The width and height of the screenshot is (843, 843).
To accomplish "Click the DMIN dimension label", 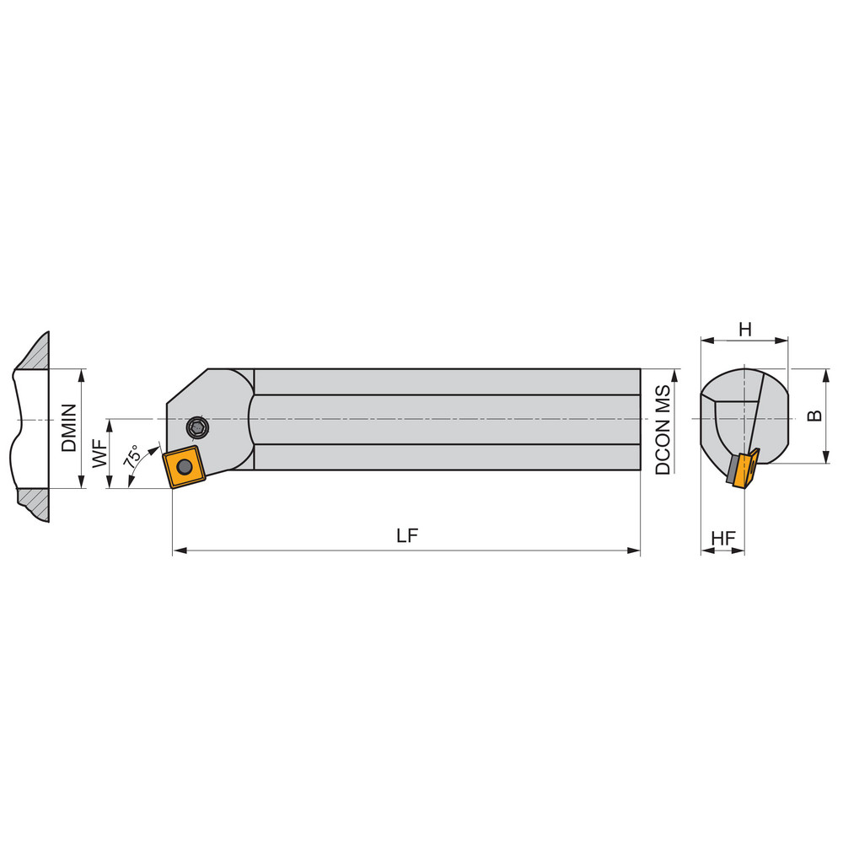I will click(x=69, y=427).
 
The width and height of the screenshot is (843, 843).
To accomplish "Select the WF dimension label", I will click(x=99, y=455).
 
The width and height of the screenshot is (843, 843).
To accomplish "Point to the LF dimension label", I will click(x=407, y=536).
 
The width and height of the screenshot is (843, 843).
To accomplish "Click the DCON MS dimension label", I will click(x=663, y=430).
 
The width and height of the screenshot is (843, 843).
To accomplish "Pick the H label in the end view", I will click(x=744, y=330).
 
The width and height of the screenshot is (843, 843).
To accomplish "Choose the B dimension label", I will click(x=813, y=416).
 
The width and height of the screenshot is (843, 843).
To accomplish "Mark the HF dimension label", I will click(x=722, y=538).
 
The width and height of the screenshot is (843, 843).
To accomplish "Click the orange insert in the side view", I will click(x=184, y=466).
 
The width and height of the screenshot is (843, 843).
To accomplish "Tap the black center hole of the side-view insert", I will click(x=184, y=466).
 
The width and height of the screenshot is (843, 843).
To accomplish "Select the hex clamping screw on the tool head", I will click(x=199, y=427).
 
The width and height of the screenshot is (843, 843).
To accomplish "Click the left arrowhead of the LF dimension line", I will click(x=178, y=551).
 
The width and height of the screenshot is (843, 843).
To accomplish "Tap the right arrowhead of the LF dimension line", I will click(x=635, y=551).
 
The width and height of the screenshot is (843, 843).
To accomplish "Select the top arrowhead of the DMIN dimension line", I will click(x=82, y=373).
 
